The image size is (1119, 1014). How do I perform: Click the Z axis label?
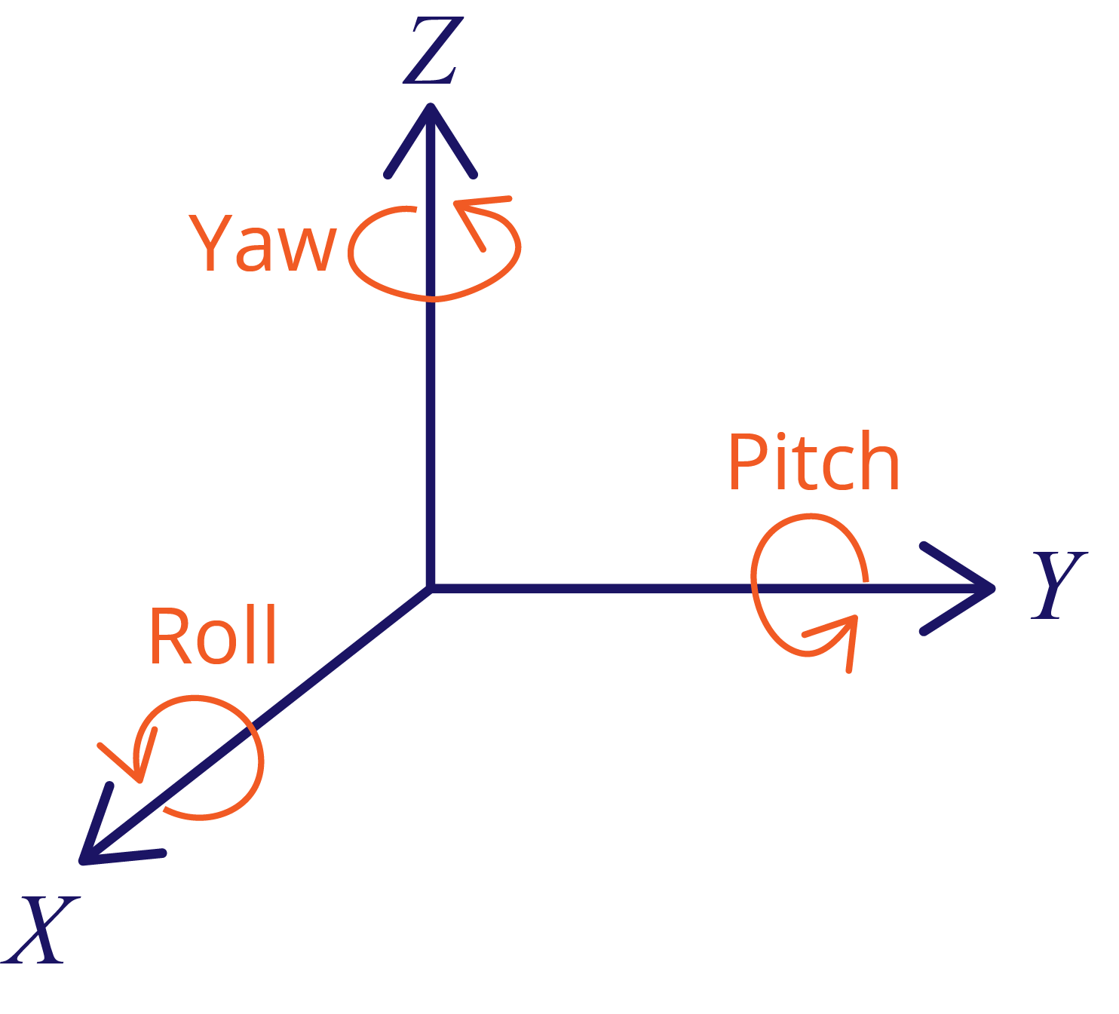click(x=432, y=51)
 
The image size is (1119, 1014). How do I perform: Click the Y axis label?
click(x=1058, y=585)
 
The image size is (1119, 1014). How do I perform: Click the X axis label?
click(x=41, y=930)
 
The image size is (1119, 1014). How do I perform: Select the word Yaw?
click(x=262, y=243)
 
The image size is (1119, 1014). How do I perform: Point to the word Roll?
click(x=213, y=636)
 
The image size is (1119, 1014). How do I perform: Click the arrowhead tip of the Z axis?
click(x=431, y=108)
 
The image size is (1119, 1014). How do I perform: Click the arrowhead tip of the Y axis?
click(x=991, y=588)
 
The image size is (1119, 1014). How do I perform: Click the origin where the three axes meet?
click(x=431, y=587)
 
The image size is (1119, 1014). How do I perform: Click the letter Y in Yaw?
click(x=210, y=243)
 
